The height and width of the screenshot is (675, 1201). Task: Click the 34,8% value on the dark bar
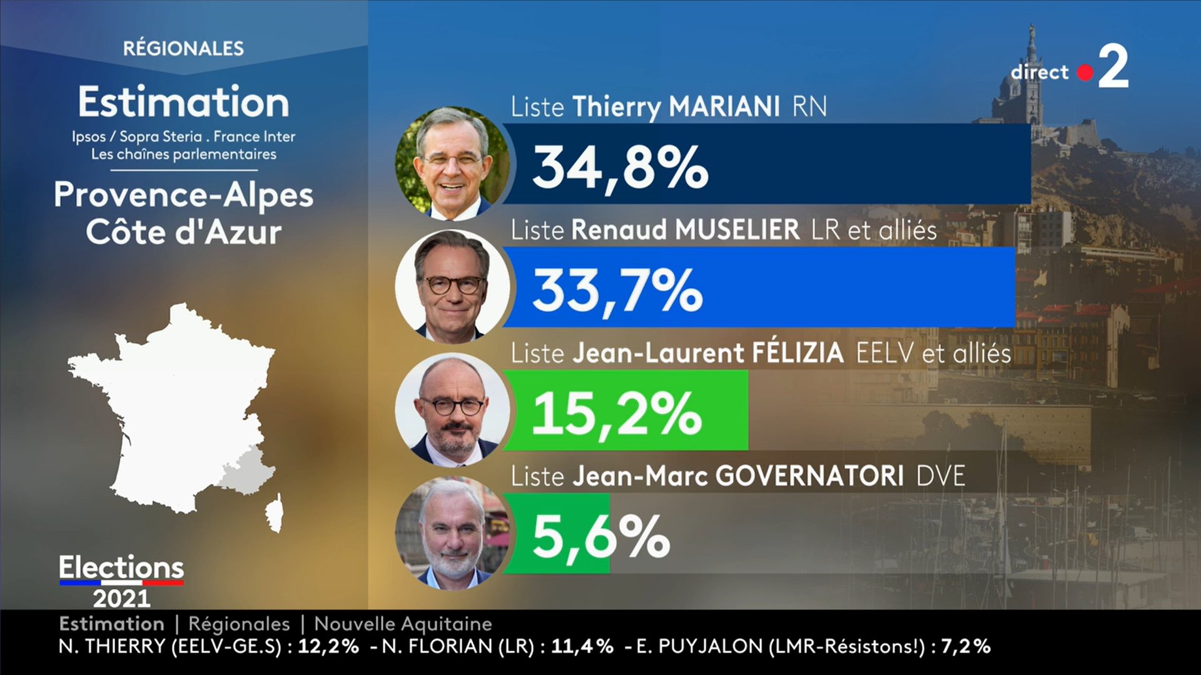(x=620, y=167)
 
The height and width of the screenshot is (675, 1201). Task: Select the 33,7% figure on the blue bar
(x=617, y=291)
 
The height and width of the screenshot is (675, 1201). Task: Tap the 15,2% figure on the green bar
(x=617, y=414)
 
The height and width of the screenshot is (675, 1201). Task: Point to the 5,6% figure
(x=600, y=536)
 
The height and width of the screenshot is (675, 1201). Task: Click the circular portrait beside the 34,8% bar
(x=453, y=164)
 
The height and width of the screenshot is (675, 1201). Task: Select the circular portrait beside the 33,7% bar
(x=453, y=286)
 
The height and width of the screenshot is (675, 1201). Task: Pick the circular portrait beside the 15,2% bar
(x=453, y=410)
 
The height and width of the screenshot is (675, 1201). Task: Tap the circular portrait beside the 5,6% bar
(x=453, y=533)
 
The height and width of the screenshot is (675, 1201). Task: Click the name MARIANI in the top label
(x=724, y=106)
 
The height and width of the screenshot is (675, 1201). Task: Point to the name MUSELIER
(x=737, y=230)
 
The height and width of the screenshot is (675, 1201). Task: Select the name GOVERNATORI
(x=809, y=476)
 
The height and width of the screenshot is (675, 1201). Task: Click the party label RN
(x=809, y=106)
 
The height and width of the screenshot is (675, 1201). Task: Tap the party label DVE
(x=941, y=476)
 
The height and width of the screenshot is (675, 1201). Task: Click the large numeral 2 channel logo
(x=1113, y=66)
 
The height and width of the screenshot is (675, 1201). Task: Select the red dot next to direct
(x=1085, y=73)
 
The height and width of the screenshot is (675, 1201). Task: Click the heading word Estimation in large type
(x=183, y=102)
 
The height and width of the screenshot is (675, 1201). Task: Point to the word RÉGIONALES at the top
(x=183, y=48)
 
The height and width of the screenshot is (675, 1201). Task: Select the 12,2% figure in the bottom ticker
(x=328, y=646)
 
